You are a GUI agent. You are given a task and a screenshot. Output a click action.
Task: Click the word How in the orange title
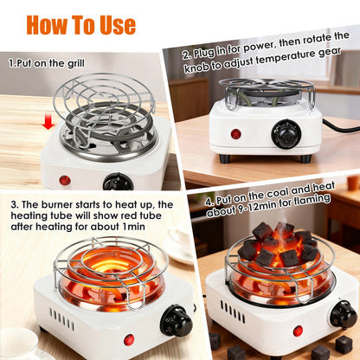click(54, 24)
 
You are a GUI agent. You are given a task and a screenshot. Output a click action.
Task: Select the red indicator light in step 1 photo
click(64, 180)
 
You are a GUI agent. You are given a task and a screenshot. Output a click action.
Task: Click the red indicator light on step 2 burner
click(235, 134)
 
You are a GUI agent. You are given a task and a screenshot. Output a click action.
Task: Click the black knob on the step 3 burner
click(178, 321)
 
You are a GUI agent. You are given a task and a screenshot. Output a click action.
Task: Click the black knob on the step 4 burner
click(344, 313)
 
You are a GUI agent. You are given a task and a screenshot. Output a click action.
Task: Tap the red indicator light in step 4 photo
click(298, 331)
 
